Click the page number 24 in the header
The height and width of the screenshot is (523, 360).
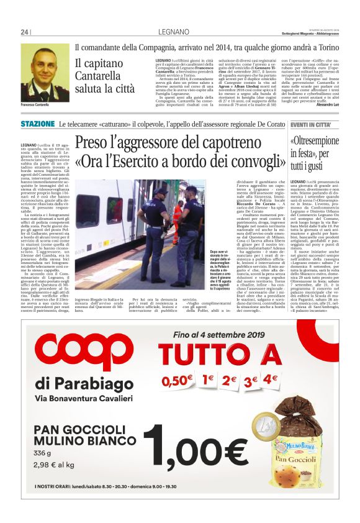tap(25, 32)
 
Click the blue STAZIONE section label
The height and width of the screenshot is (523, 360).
tap(37, 125)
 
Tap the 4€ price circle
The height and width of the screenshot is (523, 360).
tap(269, 378)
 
